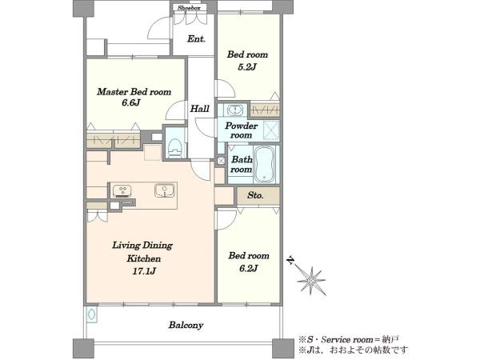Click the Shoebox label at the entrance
(189, 8)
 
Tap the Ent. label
(196, 39)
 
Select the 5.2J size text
(246, 67)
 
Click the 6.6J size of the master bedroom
(130, 102)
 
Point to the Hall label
(200, 109)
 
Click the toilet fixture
(175, 148)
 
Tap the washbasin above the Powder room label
(234, 110)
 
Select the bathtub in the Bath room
(265, 165)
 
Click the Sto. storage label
(255, 195)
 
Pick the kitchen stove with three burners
(122, 191)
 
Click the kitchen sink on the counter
(164, 190)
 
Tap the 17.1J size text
(144, 271)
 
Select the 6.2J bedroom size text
(248, 269)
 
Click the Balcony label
(186, 325)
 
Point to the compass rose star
(312, 281)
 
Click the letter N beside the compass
(290, 261)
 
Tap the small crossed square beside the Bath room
(221, 161)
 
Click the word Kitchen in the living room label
(144, 258)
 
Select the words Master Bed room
(134, 92)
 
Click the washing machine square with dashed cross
(271, 130)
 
